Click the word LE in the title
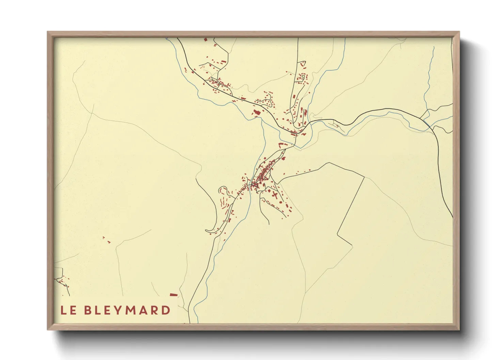point(68,310)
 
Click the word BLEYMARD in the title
point(127,310)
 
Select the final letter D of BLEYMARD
point(166,310)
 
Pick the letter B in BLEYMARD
point(88,310)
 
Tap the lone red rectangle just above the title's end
point(174,295)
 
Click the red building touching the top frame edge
point(206,39)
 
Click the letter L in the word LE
point(63,310)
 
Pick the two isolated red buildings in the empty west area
point(106,240)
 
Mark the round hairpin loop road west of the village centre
point(222,189)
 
